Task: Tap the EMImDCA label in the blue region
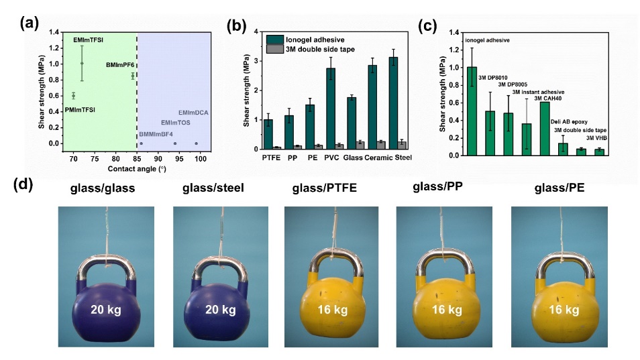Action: click(193, 112)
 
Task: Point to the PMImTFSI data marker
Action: click(74, 96)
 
